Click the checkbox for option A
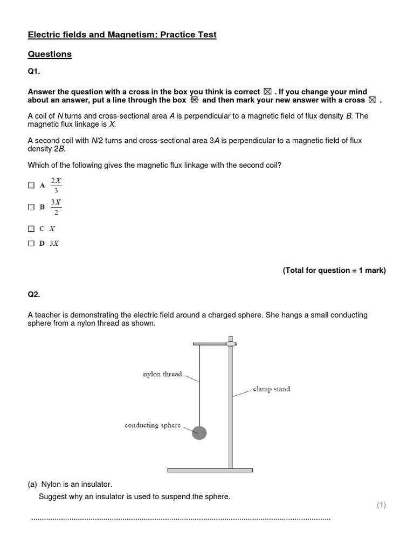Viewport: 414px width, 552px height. pyautogui.click(x=31, y=185)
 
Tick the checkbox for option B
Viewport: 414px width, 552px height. pyautogui.click(x=31, y=206)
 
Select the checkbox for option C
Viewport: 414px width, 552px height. pyautogui.click(x=31, y=229)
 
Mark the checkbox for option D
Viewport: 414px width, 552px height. pyautogui.click(x=31, y=244)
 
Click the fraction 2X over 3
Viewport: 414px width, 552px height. pyautogui.click(x=56, y=185)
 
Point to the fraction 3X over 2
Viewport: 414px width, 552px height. pyautogui.click(x=56, y=206)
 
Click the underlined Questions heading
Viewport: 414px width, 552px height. pyautogui.click(x=50, y=54)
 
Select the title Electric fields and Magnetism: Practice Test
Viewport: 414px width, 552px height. pyautogui.click(x=122, y=35)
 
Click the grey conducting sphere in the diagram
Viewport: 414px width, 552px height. pyautogui.click(x=199, y=432)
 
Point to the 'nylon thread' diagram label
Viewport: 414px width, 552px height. pyautogui.click(x=162, y=374)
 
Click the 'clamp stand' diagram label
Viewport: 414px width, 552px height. pyautogui.click(x=271, y=389)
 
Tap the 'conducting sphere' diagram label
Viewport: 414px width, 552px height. pyautogui.click(x=153, y=425)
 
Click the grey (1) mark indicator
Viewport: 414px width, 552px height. pyautogui.click(x=381, y=505)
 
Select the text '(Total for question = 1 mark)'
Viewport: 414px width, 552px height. pyautogui.click(x=334, y=271)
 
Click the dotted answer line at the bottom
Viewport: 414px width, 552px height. pyautogui.click(x=181, y=519)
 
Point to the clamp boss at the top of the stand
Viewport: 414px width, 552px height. pyautogui.click(x=231, y=343)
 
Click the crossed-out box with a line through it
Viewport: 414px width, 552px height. pyautogui.click(x=195, y=100)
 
